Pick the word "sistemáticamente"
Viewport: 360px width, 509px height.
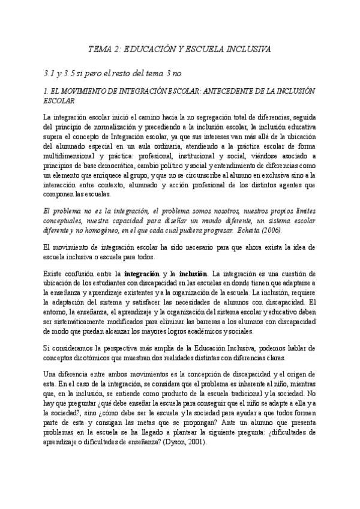[83, 322]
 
